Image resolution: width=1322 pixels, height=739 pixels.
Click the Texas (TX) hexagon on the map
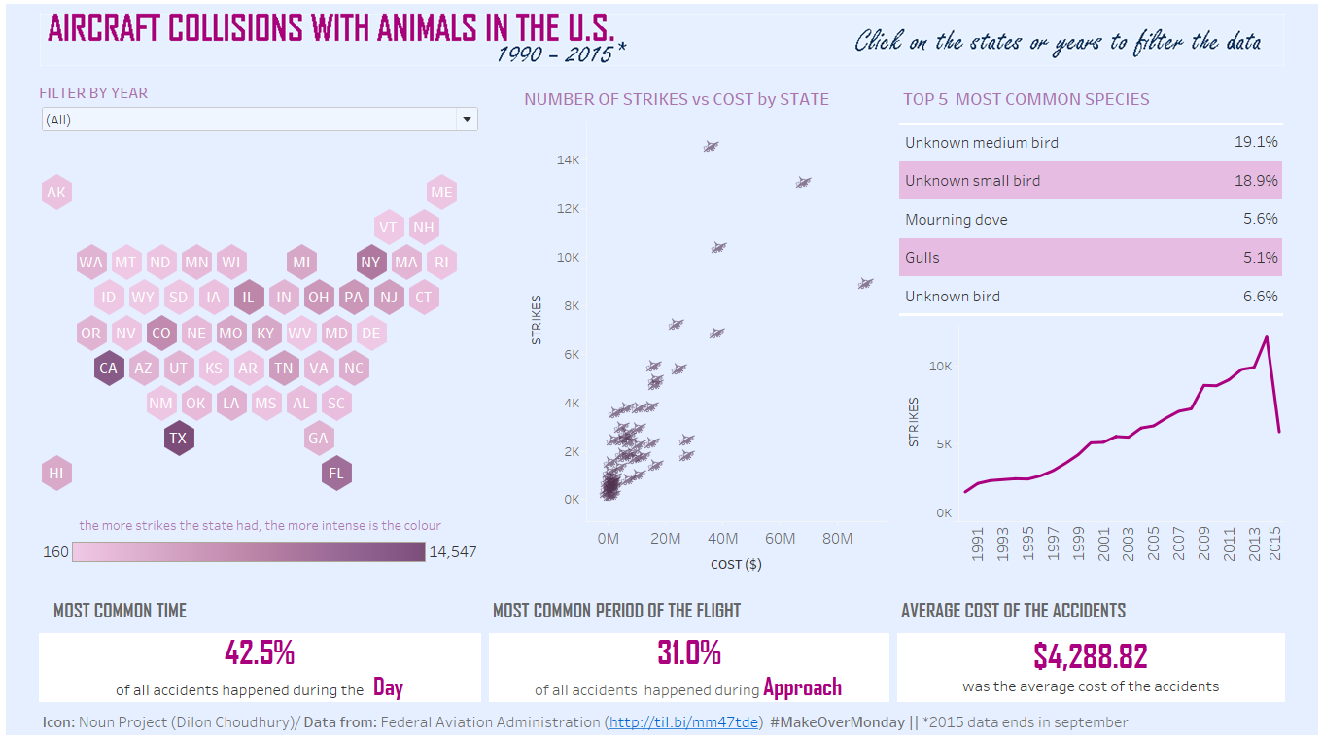tap(179, 439)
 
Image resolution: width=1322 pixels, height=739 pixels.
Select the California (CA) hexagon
tap(109, 369)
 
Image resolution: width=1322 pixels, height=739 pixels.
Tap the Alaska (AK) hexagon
tap(56, 193)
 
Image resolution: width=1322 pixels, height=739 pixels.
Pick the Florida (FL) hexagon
tap(336, 474)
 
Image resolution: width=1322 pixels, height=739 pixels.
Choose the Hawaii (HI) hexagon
tap(56, 474)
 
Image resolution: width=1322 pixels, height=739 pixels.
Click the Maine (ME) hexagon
tap(441, 193)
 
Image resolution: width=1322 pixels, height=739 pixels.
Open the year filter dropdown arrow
tap(468, 120)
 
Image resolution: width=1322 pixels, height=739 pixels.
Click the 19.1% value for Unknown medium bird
tap(1256, 143)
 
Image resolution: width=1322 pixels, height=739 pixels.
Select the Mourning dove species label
tap(956, 220)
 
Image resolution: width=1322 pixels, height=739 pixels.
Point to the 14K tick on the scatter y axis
tap(568, 160)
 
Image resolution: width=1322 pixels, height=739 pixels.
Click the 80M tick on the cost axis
tap(837, 539)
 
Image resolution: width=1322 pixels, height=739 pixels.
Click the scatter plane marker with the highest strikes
tap(711, 147)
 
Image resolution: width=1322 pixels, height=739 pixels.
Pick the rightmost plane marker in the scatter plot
tap(865, 284)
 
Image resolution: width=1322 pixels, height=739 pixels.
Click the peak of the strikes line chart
tap(1267, 337)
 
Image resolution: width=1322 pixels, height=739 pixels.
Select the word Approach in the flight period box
tap(802, 688)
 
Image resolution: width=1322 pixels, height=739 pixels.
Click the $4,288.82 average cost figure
tap(1090, 656)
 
